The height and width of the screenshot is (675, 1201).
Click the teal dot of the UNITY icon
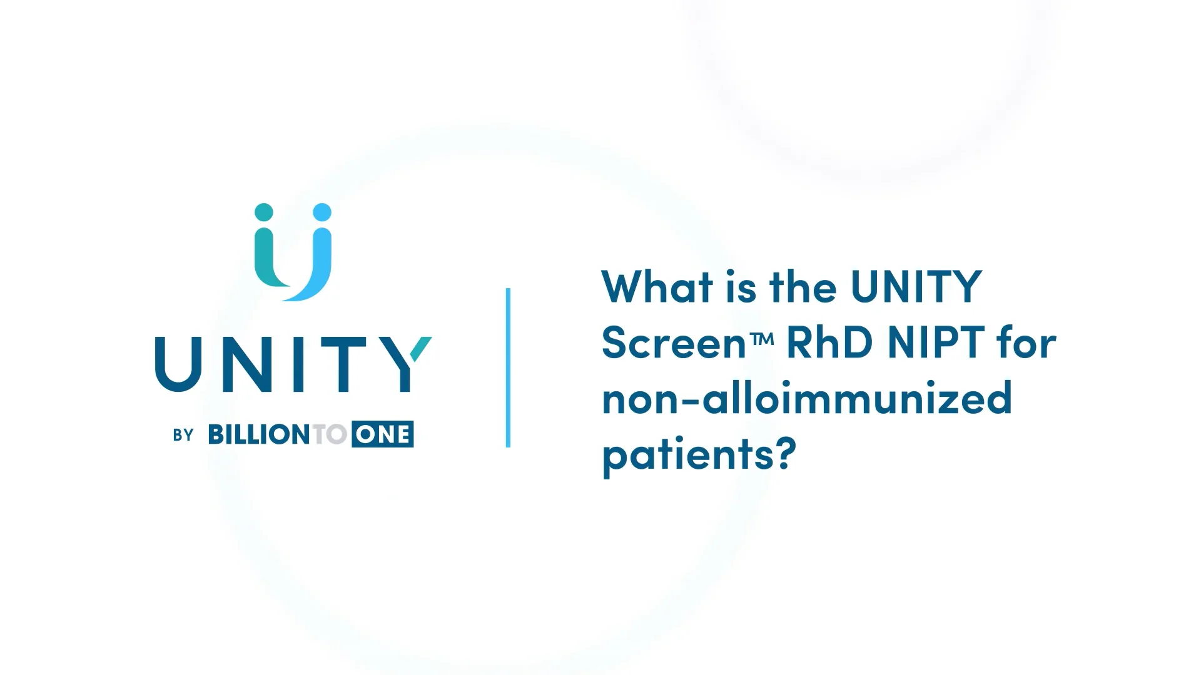click(x=264, y=212)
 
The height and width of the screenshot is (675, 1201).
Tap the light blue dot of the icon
click(x=322, y=212)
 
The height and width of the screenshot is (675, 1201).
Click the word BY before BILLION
click(x=183, y=435)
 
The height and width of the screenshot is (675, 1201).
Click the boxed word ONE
click(x=382, y=434)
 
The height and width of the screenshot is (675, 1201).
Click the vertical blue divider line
click(x=508, y=367)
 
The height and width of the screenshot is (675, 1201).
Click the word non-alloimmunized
click(x=807, y=399)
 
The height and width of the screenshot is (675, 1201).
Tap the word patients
click(x=688, y=455)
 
